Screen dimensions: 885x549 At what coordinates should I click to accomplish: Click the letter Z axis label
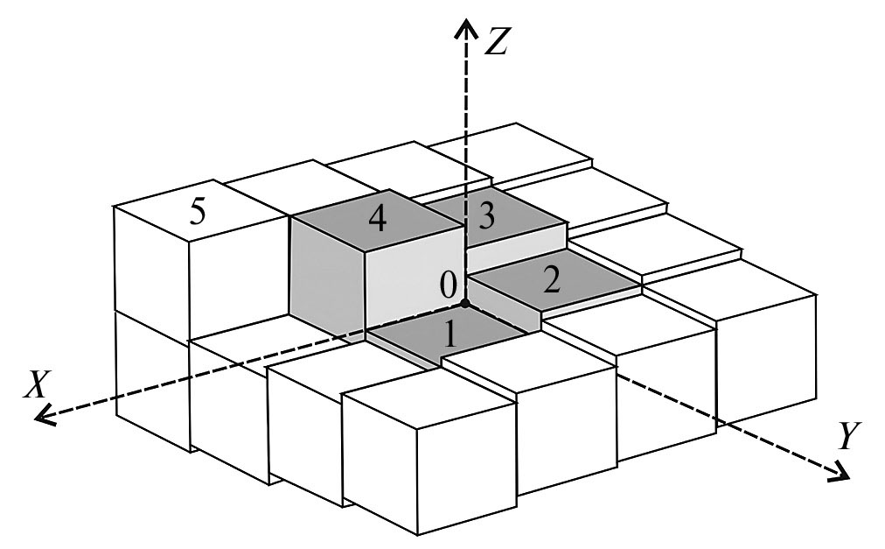[x=497, y=42]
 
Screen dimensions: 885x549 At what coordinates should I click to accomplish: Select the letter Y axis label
[x=847, y=436]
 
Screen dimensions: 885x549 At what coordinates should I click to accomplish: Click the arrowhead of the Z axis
[x=465, y=28]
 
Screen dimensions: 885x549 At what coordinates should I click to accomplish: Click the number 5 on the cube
[x=197, y=213]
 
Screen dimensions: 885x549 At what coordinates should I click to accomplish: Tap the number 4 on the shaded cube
[x=378, y=219]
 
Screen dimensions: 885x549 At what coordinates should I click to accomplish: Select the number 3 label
[x=486, y=215]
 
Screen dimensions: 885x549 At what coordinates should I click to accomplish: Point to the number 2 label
[x=552, y=280]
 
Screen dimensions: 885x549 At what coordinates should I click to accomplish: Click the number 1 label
[x=449, y=334]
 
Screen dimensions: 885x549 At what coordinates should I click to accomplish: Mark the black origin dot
[x=465, y=304]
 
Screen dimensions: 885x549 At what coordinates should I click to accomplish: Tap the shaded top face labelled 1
[x=449, y=333]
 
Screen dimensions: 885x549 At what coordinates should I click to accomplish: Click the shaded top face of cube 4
[x=378, y=220]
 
